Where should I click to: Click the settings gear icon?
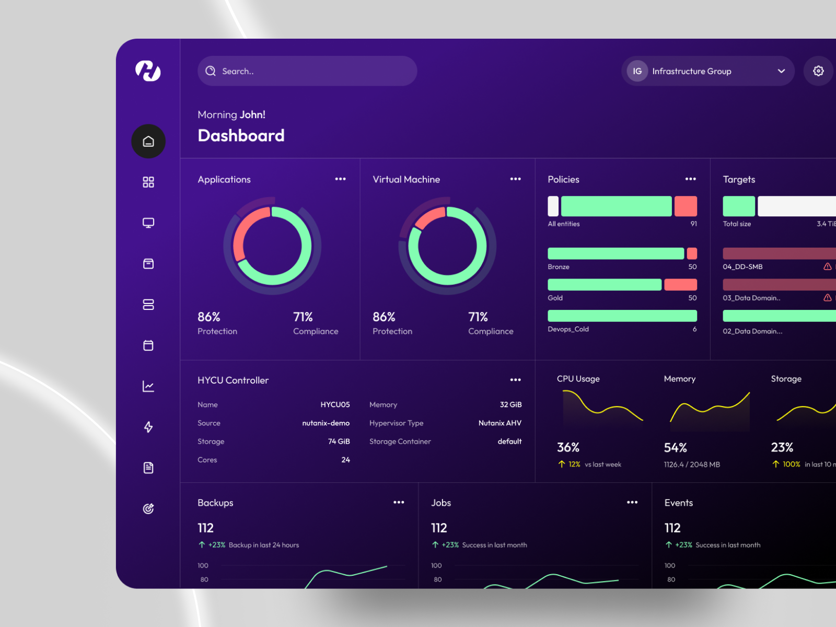point(818,71)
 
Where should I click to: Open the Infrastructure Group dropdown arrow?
point(781,71)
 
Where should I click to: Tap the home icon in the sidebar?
point(148,141)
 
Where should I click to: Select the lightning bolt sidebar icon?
point(148,427)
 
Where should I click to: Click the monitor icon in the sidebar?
point(148,223)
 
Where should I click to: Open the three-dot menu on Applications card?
point(340,179)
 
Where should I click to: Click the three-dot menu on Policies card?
point(690,179)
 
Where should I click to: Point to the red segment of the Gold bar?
point(680,285)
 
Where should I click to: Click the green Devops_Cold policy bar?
point(622,316)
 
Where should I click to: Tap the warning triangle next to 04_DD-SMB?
point(827,266)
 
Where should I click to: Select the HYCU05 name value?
point(335,405)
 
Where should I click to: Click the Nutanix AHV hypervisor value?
point(500,423)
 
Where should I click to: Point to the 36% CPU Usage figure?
point(568,447)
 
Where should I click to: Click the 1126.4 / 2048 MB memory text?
point(692,465)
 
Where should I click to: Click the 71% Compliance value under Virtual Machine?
point(478,317)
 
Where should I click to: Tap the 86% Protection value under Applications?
point(208,317)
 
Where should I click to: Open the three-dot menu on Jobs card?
point(632,502)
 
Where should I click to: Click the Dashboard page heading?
point(241,136)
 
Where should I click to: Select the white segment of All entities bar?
point(553,206)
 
